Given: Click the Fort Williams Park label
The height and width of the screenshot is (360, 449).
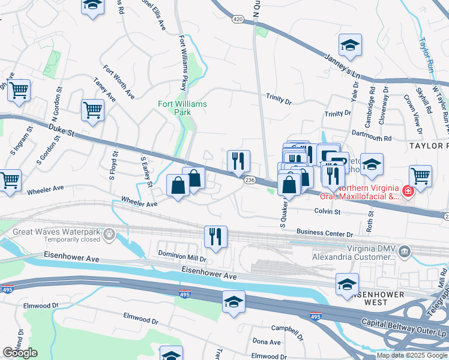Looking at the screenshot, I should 182,108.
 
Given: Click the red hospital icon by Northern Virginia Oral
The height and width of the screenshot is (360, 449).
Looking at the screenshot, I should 408,191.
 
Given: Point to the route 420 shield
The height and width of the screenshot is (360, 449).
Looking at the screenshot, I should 238,20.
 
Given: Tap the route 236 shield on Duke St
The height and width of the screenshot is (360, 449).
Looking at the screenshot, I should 250,180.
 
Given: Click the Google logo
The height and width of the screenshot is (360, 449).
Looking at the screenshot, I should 20,352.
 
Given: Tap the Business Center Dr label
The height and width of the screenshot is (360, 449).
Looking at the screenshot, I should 325,233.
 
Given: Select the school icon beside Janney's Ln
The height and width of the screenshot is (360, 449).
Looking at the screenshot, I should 350,44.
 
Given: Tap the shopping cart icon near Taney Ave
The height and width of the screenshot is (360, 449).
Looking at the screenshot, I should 92,110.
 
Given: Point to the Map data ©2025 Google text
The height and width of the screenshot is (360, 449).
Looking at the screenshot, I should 411,355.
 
